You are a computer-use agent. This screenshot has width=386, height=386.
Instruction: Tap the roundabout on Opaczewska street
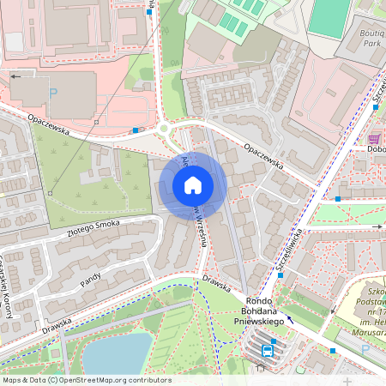click(165, 130)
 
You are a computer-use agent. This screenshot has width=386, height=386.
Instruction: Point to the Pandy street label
click(91, 280)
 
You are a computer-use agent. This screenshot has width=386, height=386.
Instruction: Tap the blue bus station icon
click(268, 350)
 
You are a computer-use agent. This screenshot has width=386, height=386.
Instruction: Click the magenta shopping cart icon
click(374, 138)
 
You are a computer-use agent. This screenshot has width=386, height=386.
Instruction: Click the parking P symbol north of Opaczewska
click(52, 93)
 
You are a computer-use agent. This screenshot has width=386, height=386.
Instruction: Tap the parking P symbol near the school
click(365, 349)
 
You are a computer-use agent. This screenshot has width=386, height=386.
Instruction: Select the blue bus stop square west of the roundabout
click(136, 130)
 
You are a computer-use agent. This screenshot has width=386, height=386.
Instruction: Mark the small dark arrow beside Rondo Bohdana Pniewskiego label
click(289, 319)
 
